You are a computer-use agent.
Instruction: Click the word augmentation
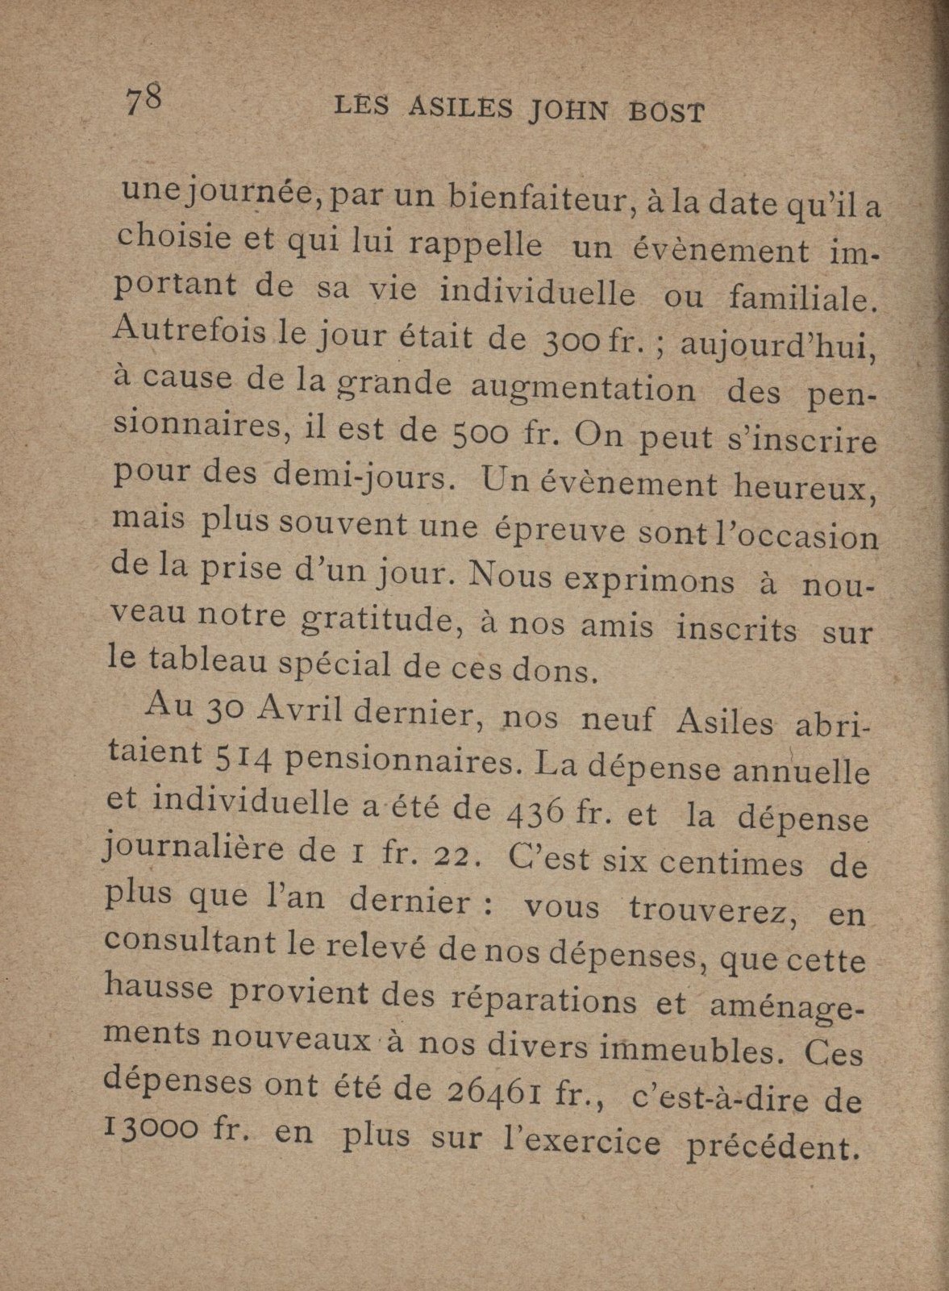[582, 389]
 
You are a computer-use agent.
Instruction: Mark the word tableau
[210, 661]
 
